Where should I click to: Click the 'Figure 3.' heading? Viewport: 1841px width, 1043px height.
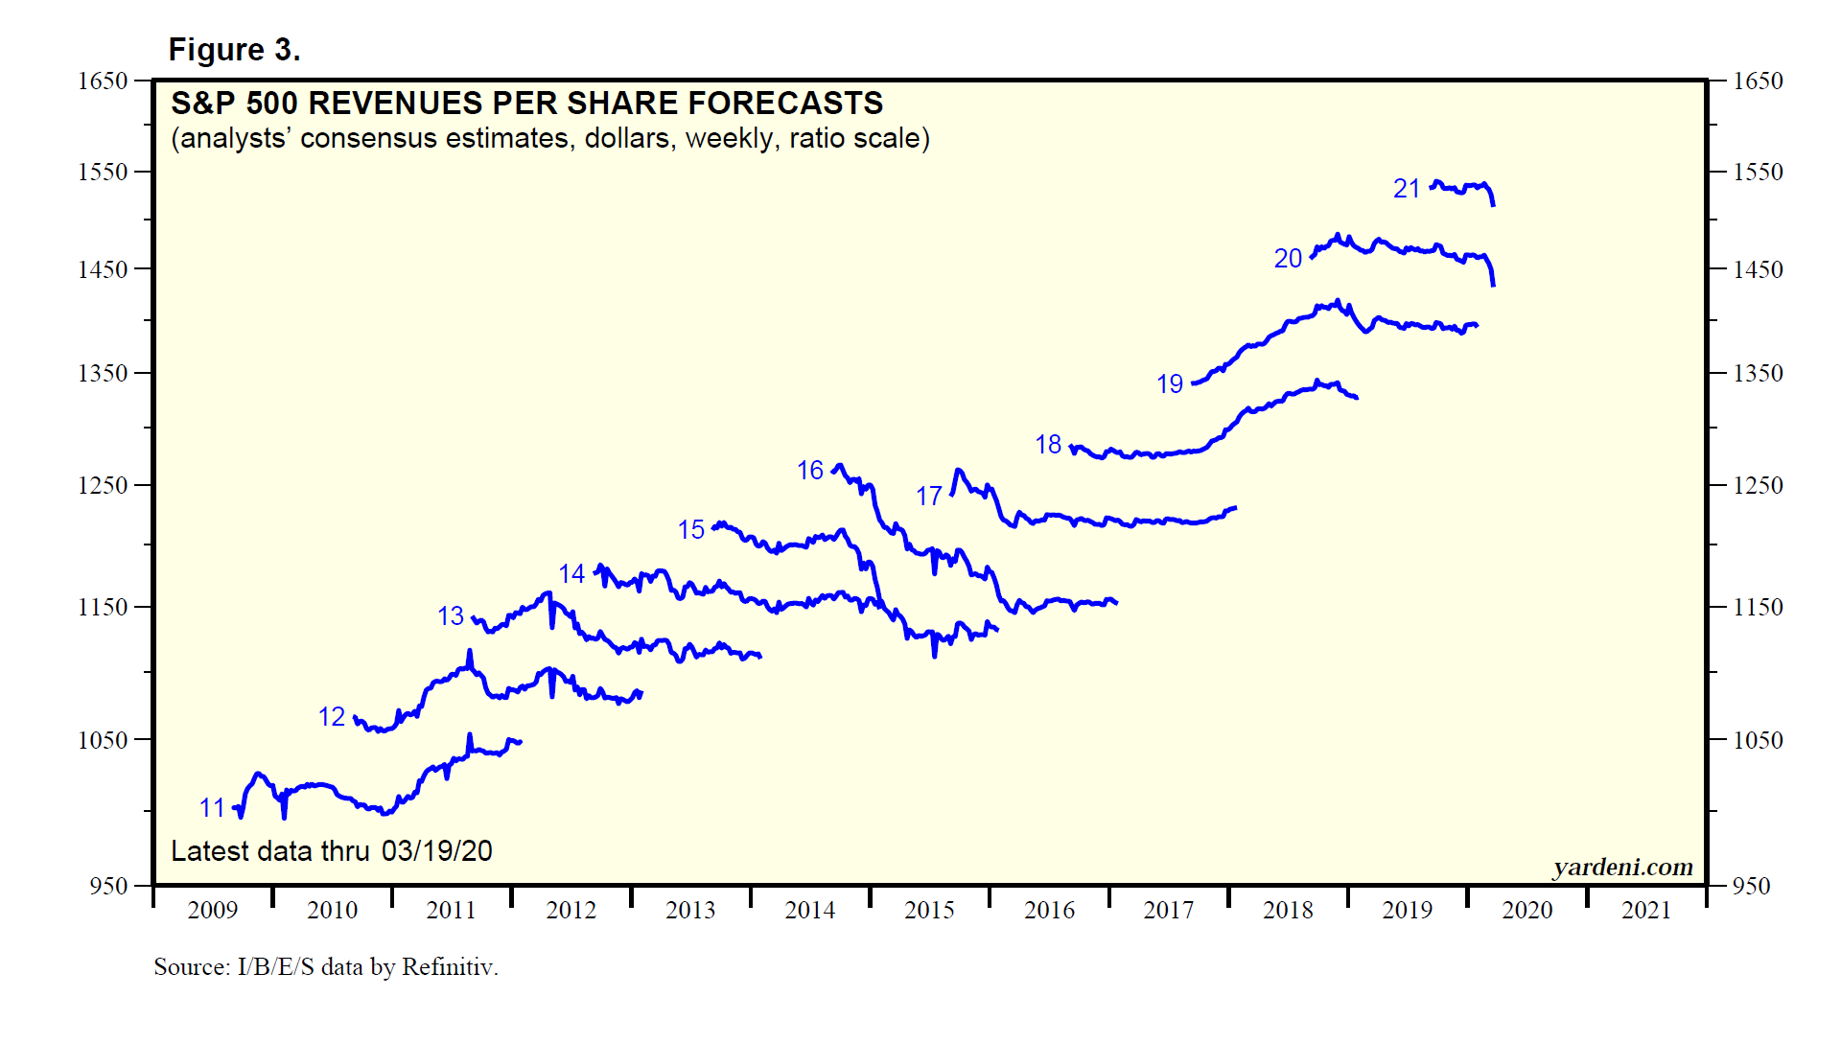coord(234,50)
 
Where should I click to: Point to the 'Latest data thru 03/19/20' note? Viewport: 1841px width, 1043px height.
coord(331,851)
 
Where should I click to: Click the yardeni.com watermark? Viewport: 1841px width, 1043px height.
coord(1622,868)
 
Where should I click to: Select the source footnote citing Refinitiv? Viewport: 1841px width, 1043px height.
coord(326,966)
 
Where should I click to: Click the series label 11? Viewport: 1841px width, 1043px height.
coord(212,808)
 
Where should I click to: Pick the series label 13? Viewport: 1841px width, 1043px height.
coord(451,616)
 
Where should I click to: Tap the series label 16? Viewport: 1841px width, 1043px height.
coord(810,471)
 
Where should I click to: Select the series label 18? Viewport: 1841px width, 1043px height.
coord(1048,445)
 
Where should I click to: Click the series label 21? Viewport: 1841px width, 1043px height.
coord(1407,189)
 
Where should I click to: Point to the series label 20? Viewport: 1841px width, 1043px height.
coord(1288,259)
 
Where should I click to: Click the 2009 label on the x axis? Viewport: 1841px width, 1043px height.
coord(212,910)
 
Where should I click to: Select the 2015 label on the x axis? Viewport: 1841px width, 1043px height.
coord(929,910)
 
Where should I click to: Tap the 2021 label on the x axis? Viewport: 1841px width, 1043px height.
coord(1645,910)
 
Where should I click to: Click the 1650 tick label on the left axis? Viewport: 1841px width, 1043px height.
coord(103,81)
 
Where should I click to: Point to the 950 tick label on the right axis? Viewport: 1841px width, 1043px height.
coord(1751,886)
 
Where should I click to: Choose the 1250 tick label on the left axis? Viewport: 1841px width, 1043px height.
coord(103,485)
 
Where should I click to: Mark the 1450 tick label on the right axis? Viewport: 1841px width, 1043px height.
coord(1758,269)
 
